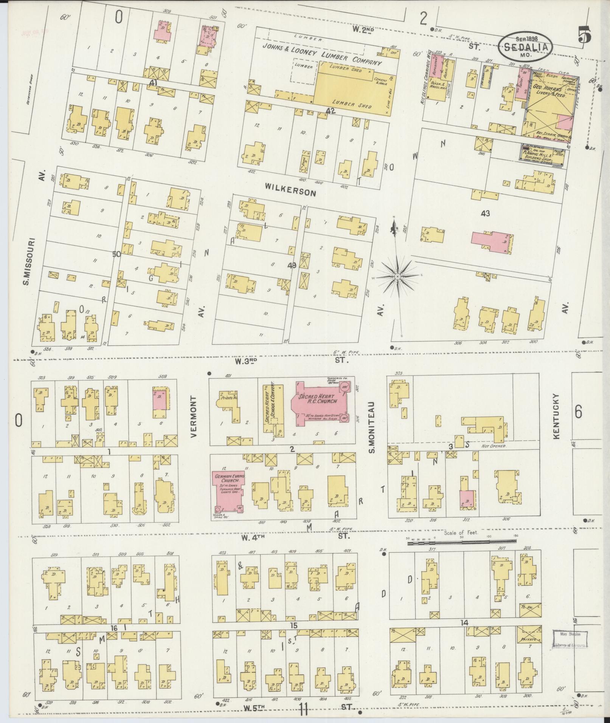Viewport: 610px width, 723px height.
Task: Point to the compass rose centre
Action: click(x=397, y=277)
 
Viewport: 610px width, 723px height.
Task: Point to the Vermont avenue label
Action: click(x=194, y=417)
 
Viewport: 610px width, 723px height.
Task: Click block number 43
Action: click(x=485, y=214)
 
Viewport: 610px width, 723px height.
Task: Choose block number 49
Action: click(x=291, y=266)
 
